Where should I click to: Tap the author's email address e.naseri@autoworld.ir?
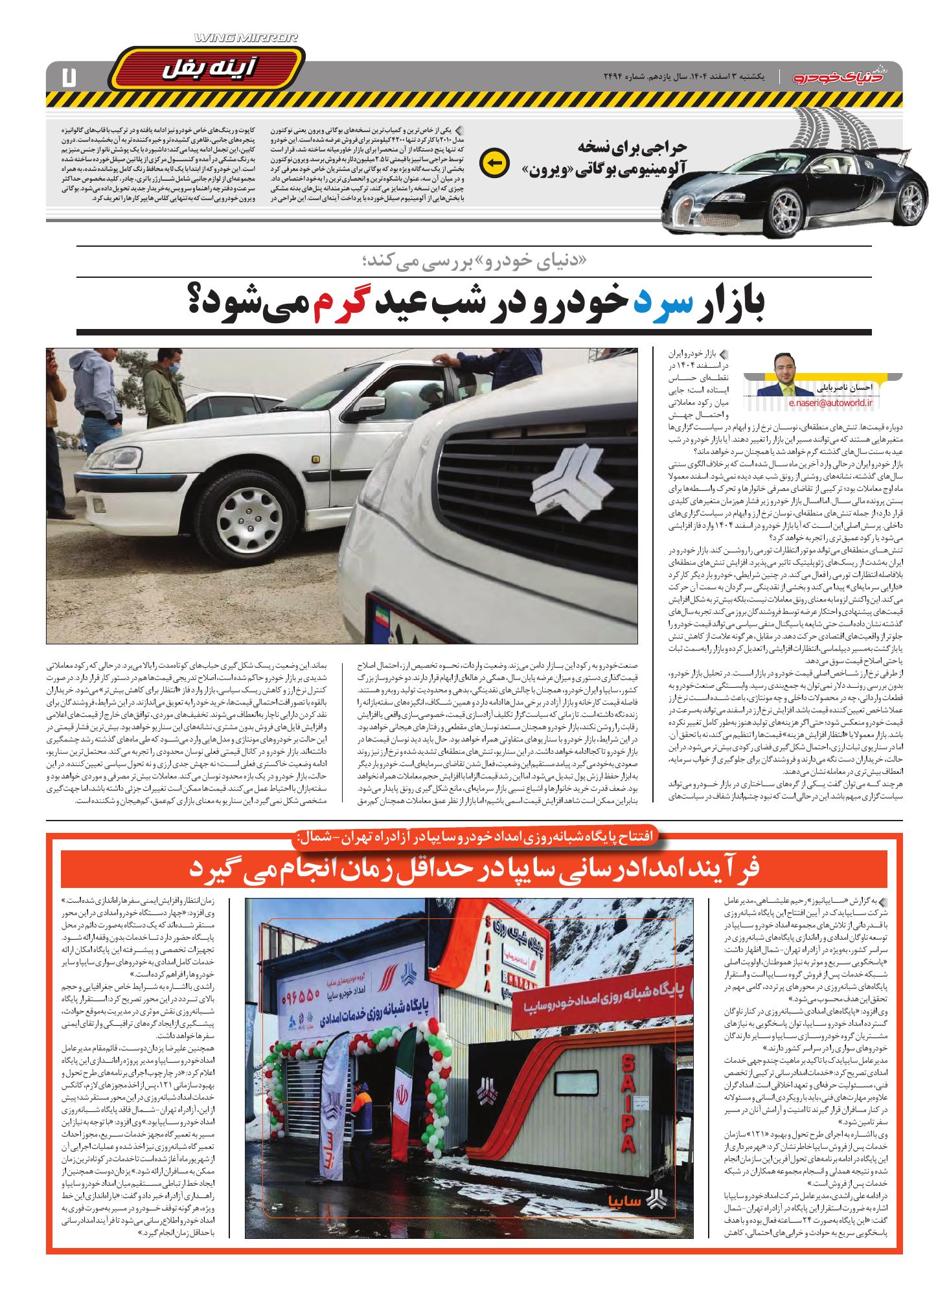(x=831, y=402)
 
